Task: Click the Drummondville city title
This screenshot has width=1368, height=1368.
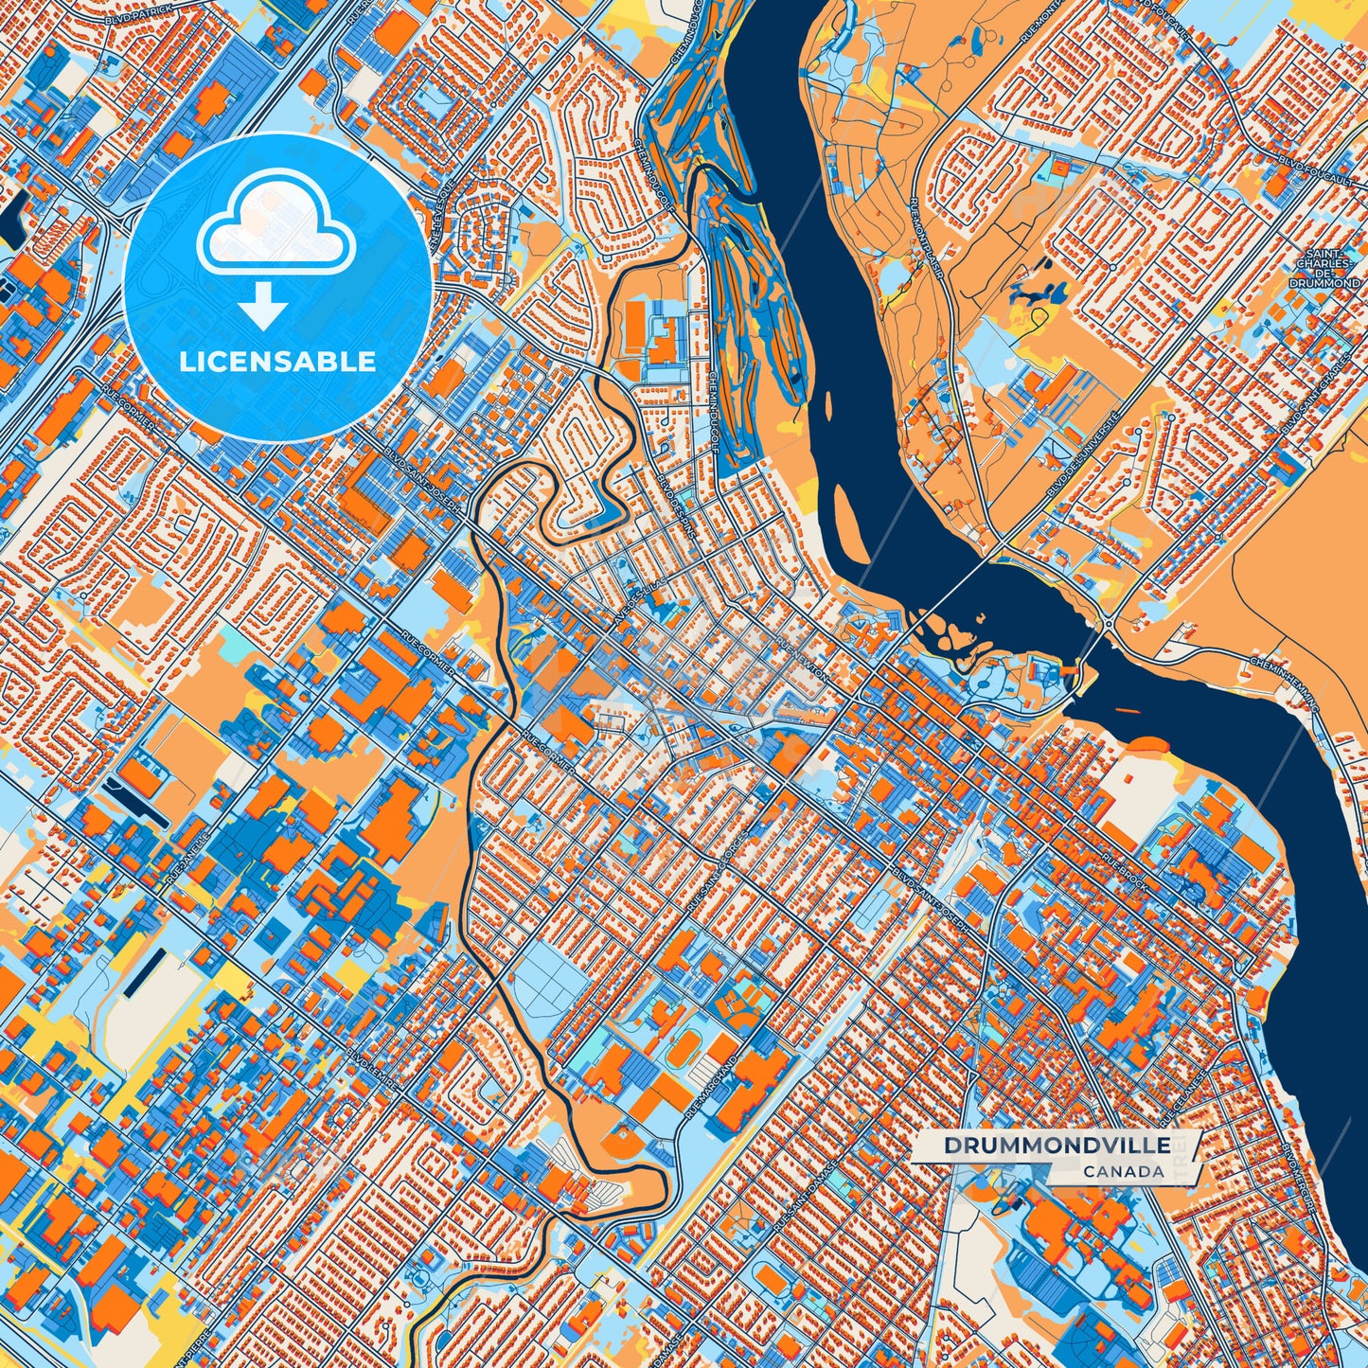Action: coord(1057,1145)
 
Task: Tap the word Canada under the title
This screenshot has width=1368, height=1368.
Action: coord(1124,1171)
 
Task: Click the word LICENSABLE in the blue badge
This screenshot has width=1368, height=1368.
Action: coord(276,361)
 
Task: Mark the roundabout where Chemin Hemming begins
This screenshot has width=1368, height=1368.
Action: coord(1106,624)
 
